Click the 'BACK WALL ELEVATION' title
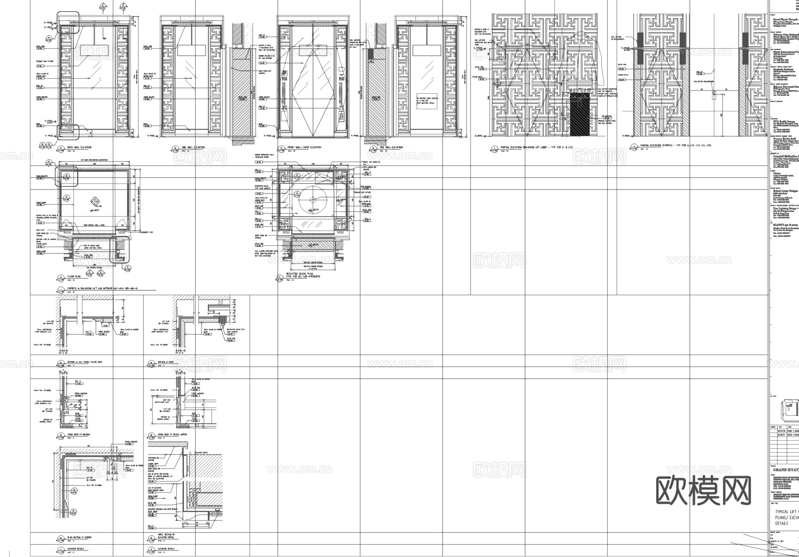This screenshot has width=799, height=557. [x=79, y=147]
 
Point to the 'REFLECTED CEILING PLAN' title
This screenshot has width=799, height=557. [x=304, y=275]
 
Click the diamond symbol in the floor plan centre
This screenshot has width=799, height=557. [x=96, y=201]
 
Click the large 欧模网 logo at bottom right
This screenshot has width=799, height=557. [x=703, y=491]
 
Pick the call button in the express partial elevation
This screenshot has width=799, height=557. [x=713, y=94]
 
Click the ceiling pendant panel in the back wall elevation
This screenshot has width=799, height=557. [x=95, y=50]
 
